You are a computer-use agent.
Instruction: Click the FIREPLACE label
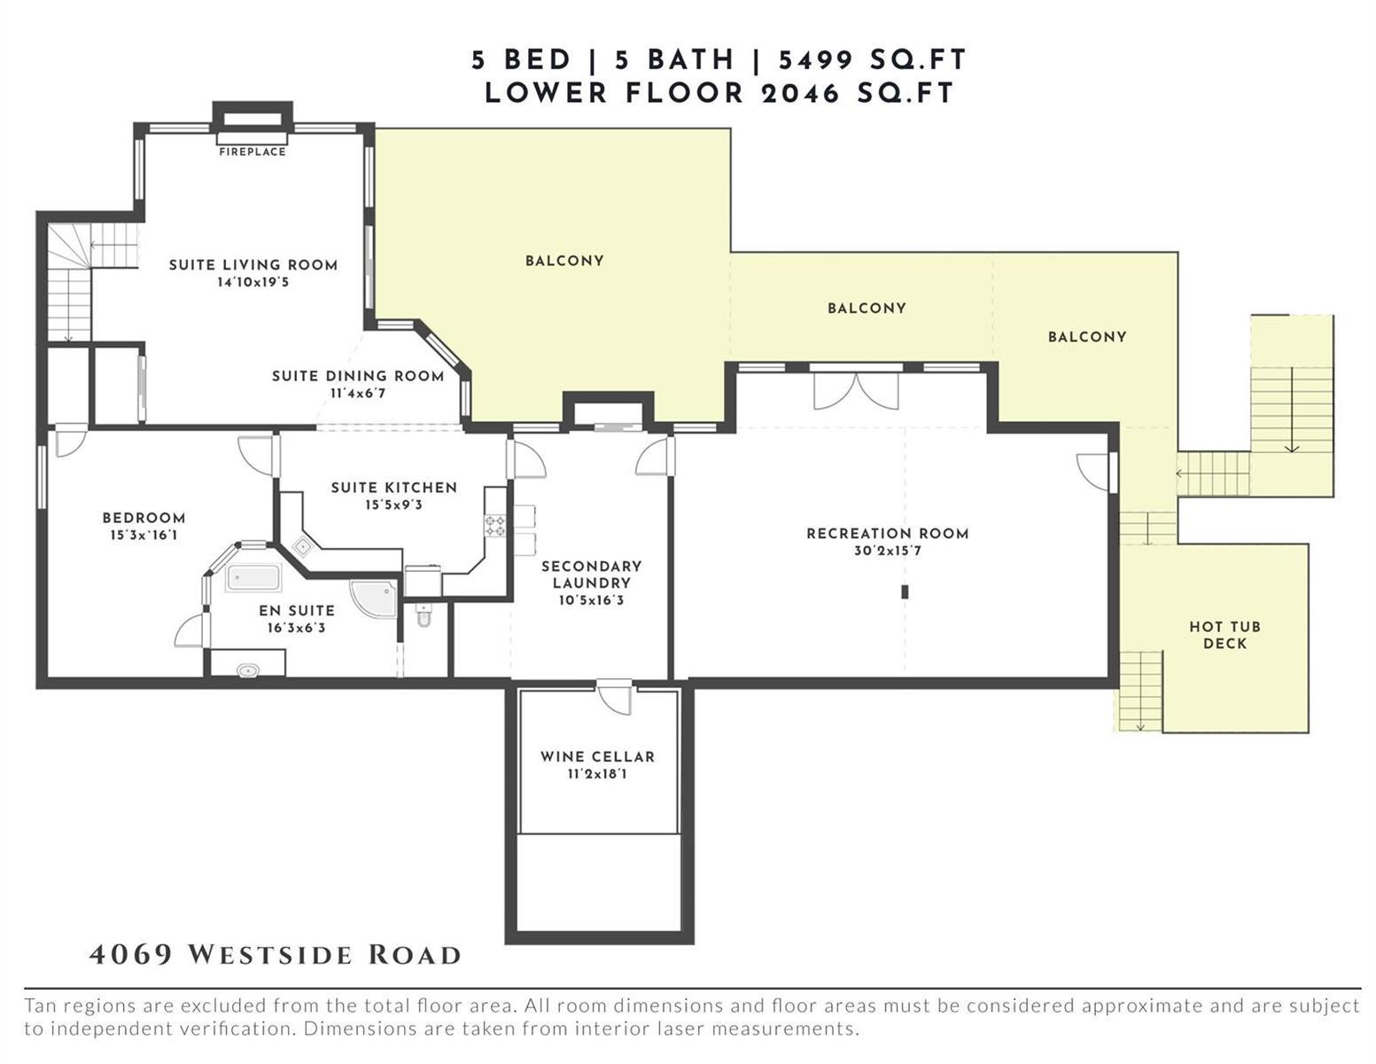click(x=252, y=152)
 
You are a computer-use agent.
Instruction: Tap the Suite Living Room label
click(x=253, y=265)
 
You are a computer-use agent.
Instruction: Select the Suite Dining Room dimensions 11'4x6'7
click(x=358, y=393)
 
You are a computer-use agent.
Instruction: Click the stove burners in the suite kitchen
click(x=495, y=525)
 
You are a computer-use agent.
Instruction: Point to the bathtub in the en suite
click(x=253, y=577)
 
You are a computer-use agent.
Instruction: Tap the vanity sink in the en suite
click(x=247, y=669)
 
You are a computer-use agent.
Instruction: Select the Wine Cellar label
click(x=597, y=756)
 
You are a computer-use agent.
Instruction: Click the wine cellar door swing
click(x=615, y=698)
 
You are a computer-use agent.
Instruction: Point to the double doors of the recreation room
click(x=856, y=390)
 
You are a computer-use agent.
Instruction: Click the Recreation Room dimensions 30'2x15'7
click(x=888, y=551)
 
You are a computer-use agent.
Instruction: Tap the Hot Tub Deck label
click(x=1224, y=635)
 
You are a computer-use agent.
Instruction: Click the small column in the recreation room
click(x=905, y=592)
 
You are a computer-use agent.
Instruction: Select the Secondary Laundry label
click(x=592, y=575)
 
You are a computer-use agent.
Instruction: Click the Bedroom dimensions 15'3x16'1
click(x=144, y=535)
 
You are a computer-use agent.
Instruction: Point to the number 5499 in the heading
click(x=816, y=60)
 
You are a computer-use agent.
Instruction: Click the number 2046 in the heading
click(x=800, y=94)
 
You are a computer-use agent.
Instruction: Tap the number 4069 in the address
click(x=131, y=955)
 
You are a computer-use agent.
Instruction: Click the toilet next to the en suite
click(x=424, y=614)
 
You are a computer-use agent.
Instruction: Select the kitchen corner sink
click(x=302, y=546)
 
